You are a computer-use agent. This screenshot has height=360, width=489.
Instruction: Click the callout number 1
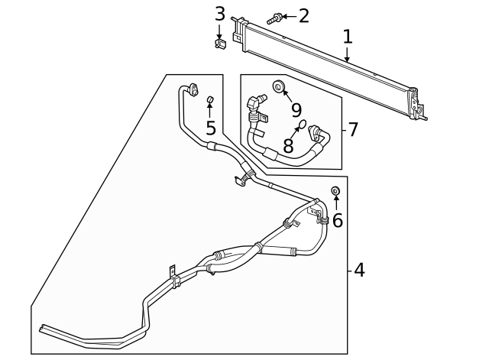[348, 36]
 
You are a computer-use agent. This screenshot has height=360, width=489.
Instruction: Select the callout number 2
[303, 15]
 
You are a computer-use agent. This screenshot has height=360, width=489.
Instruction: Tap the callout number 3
[220, 14]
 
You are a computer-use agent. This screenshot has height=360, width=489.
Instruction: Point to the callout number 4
[358, 270]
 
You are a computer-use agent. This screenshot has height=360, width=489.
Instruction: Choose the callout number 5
[210, 128]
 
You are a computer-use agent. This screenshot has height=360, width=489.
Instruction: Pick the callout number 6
[337, 220]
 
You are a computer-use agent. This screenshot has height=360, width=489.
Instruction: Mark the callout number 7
[352, 129]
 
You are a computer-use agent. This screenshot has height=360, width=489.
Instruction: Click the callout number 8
[288, 144]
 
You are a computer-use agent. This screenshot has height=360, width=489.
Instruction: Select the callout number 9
[296, 110]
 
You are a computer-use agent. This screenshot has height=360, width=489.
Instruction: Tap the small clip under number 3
[220, 44]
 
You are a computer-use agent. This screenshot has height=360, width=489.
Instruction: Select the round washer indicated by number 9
[278, 86]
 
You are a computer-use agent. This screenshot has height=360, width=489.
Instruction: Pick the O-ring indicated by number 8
[303, 125]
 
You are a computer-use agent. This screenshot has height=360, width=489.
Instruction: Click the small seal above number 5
[209, 99]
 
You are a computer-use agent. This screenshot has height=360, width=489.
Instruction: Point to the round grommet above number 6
[335, 190]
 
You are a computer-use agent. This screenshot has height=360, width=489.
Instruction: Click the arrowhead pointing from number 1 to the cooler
[348, 58]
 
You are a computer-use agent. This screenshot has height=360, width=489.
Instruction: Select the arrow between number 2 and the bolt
[288, 15]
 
